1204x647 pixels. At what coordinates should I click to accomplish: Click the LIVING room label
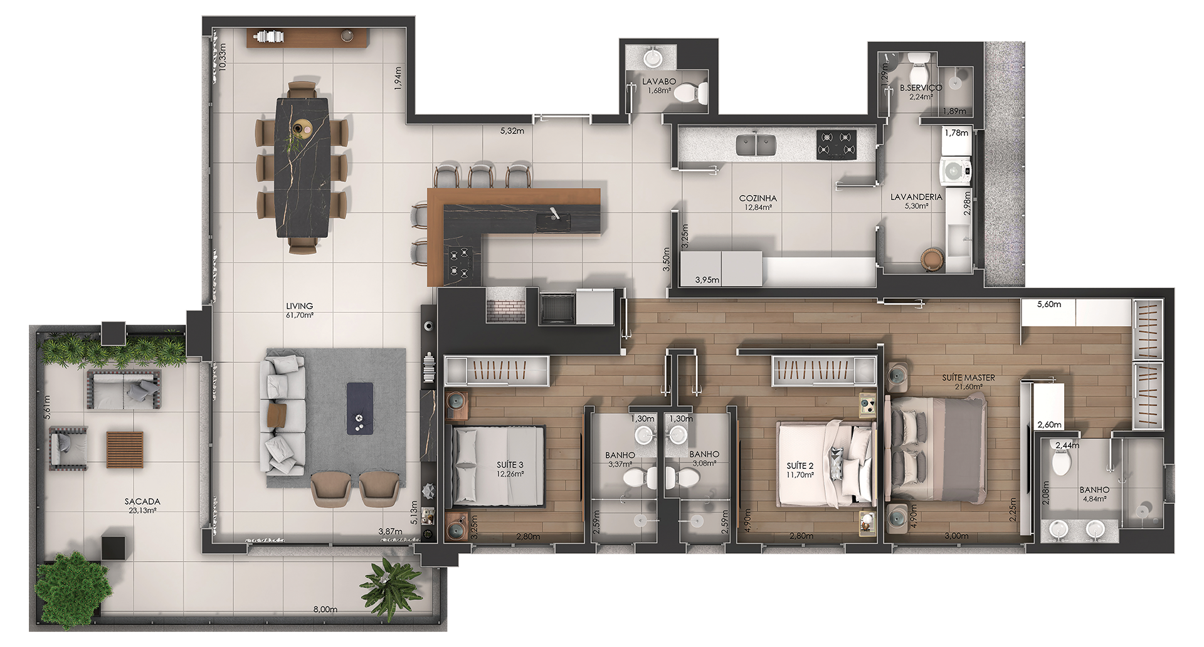(300, 307)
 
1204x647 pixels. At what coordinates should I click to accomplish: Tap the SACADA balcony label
(142, 502)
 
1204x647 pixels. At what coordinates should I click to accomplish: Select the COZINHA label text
(758, 198)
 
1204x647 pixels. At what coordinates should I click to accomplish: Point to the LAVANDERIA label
(916, 197)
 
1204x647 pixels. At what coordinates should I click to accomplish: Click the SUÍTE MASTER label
(968, 378)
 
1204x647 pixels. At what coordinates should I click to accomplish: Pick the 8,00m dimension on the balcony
(325, 609)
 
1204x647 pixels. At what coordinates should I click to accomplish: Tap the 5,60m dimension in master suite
(1049, 305)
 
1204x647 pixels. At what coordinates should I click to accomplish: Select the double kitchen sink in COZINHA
(756, 145)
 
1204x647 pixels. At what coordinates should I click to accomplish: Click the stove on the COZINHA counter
(837, 145)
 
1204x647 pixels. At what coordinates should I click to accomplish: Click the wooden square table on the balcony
(125, 450)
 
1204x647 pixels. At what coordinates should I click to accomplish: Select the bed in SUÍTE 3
(498, 466)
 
